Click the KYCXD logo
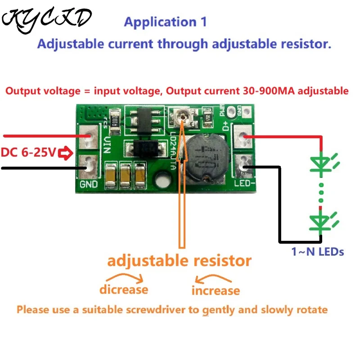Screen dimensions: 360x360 [x=47, y=20]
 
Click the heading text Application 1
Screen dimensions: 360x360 [x=165, y=22]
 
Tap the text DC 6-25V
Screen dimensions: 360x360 [x=28, y=153]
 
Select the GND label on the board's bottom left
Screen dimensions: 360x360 [x=89, y=184]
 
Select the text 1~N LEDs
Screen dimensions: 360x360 [x=318, y=252]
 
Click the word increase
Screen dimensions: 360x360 [x=216, y=290]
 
